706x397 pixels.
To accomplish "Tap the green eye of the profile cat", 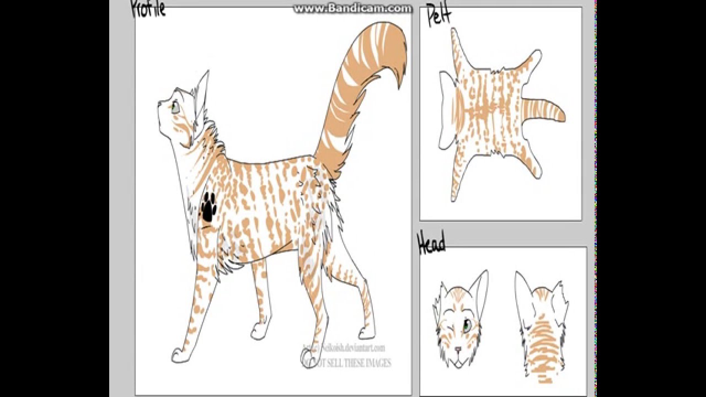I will tap(175, 107).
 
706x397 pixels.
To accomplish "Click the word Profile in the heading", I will tap(148, 9).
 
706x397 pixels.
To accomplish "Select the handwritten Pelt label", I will tap(439, 17).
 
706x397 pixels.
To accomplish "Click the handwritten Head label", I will tap(431, 243).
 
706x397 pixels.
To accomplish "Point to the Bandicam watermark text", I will tap(352, 8).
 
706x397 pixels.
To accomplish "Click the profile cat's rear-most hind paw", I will tap(366, 332).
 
